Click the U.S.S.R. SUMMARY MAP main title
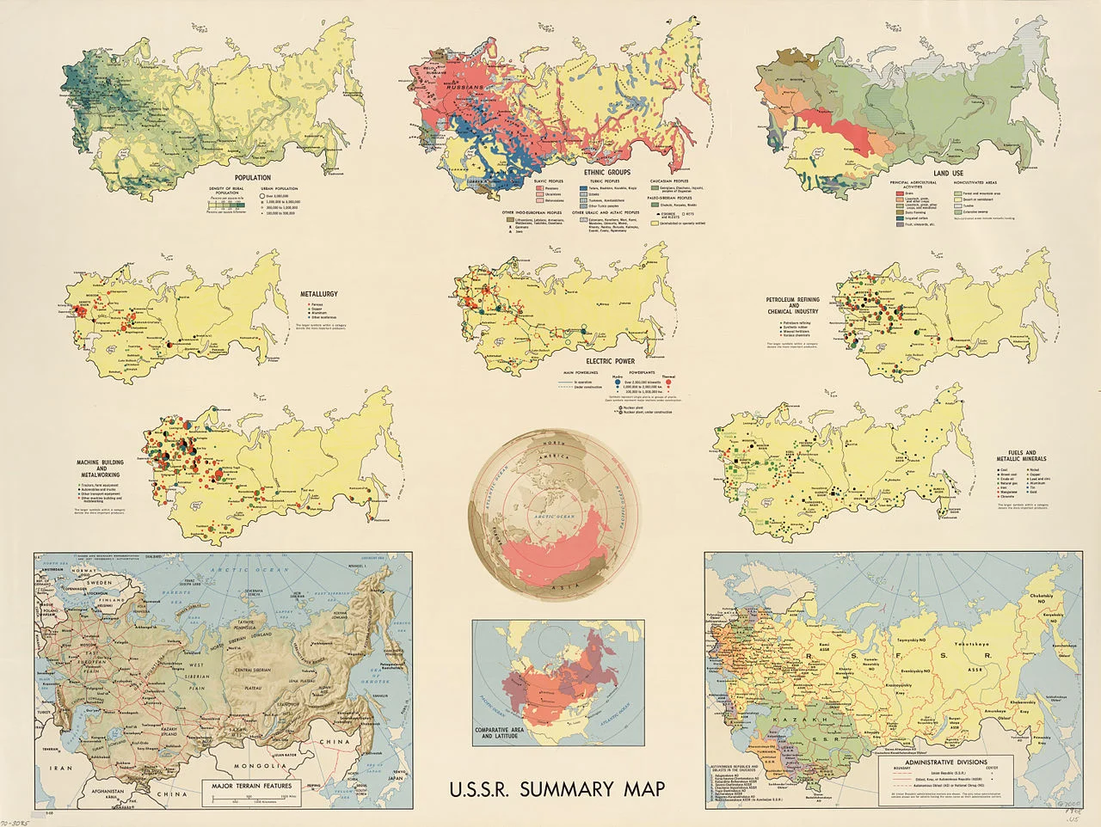click(x=557, y=789)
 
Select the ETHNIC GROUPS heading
click(x=606, y=173)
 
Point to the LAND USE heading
click(x=947, y=173)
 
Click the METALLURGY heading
click(x=318, y=294)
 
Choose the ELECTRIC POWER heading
click(x=612, y=362)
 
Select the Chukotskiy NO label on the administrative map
click(x=1045, y=602)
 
